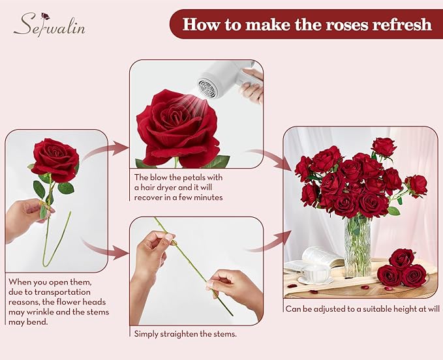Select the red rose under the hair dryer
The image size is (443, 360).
176,127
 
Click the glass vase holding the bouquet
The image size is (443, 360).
357,245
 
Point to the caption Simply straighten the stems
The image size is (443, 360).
185,334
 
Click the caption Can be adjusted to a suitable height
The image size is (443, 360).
362,309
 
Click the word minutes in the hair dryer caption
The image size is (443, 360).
206,197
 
